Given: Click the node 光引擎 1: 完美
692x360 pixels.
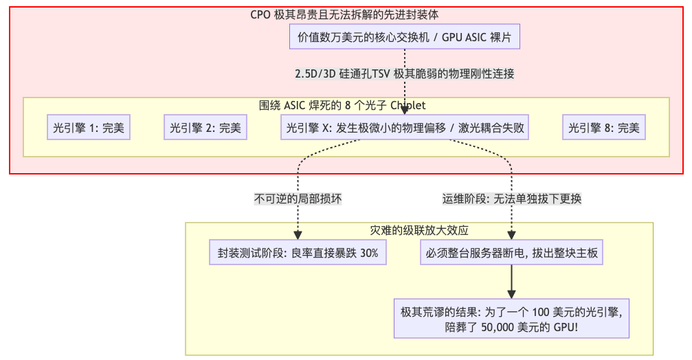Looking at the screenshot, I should (89, 128).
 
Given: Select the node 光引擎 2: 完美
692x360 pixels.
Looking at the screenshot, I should (205, 128).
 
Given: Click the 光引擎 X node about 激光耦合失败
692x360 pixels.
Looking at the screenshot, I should (405, 128).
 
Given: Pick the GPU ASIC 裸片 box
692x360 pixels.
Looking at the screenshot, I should (405, 37).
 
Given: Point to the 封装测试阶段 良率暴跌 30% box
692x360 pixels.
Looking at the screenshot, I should (298, 253).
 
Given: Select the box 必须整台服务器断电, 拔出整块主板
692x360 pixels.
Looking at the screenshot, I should (512, 253).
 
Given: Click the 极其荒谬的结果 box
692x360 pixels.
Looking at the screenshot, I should (512, 319).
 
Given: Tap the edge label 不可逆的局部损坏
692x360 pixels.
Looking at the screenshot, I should (298, 199).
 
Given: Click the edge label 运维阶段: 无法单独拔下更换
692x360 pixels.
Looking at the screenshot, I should (512, 199).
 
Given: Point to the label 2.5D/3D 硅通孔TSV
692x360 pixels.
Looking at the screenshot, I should (405, 74).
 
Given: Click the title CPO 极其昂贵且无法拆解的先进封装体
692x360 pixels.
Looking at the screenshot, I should (345, 15).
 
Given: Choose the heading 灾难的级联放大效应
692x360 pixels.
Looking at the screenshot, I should (419, 230).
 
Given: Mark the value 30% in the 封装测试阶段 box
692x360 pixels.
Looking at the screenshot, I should (369, 253).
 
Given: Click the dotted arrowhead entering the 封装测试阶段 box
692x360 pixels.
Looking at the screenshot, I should (298, 236).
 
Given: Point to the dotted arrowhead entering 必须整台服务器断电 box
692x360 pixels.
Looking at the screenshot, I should (512, 236).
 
